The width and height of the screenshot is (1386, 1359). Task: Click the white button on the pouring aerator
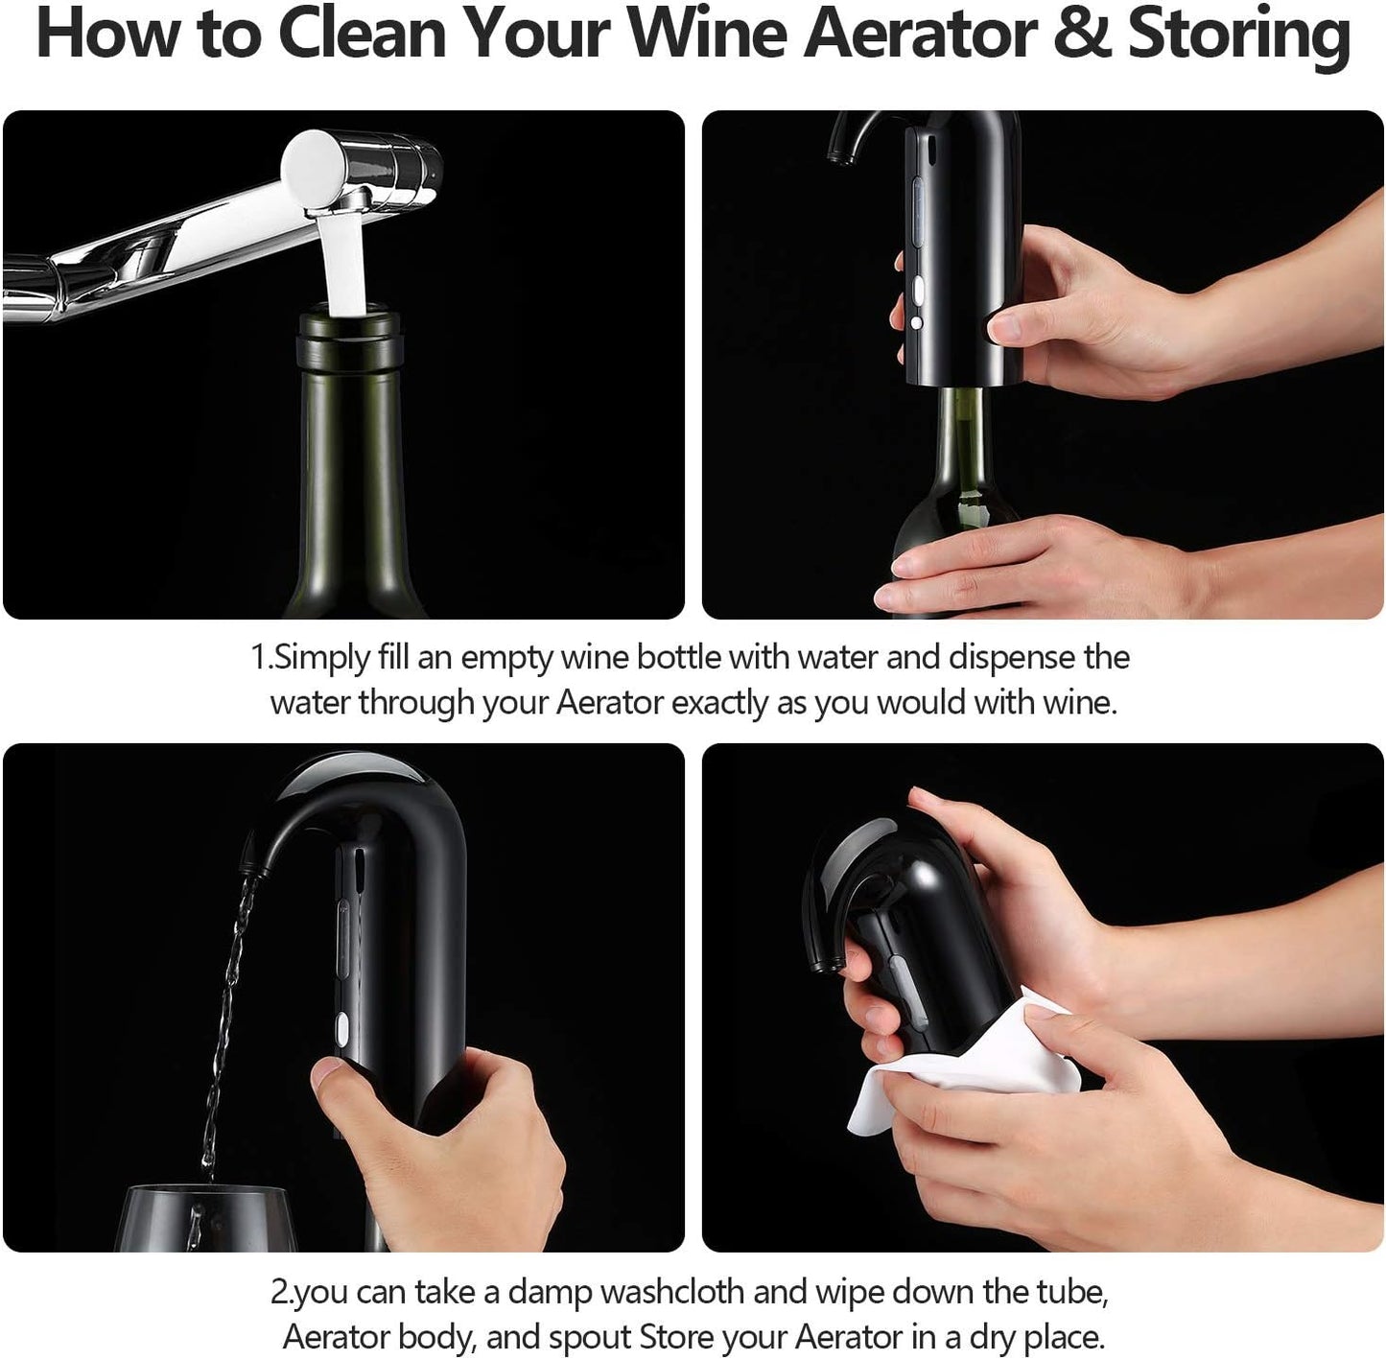[341, 1031]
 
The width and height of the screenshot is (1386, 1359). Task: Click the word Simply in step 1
[321, 658]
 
